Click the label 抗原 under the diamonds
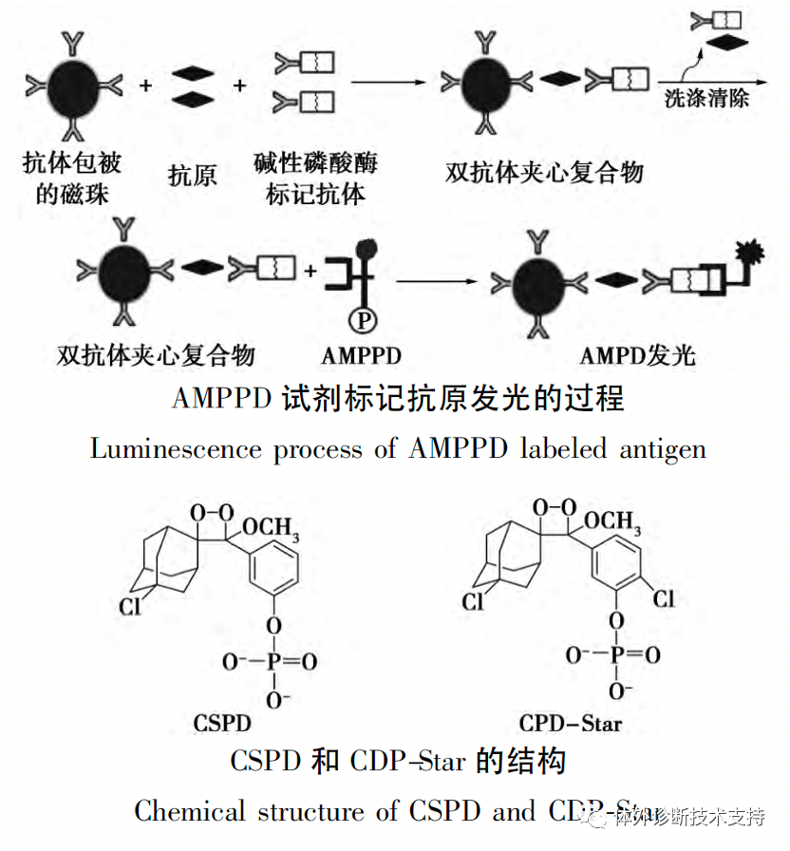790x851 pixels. (193, 175)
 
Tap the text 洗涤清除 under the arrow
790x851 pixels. (706, 98)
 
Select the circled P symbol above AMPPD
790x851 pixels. (362, 321)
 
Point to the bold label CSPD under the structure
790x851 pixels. (222, 724)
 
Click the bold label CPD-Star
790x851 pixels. (571, 724)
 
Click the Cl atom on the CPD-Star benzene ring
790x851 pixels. (663, 598)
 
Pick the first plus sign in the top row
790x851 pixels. (145, 85)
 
